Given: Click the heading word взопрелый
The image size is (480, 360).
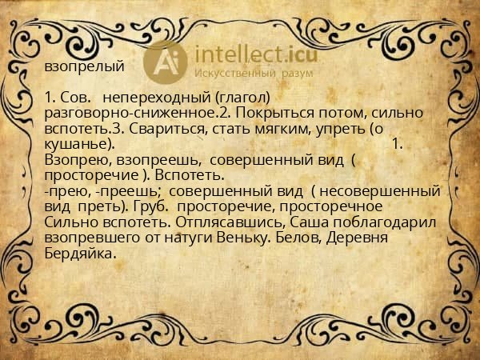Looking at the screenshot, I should click(85, 66).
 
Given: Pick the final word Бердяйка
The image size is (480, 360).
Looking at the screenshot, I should click(81, 254).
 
